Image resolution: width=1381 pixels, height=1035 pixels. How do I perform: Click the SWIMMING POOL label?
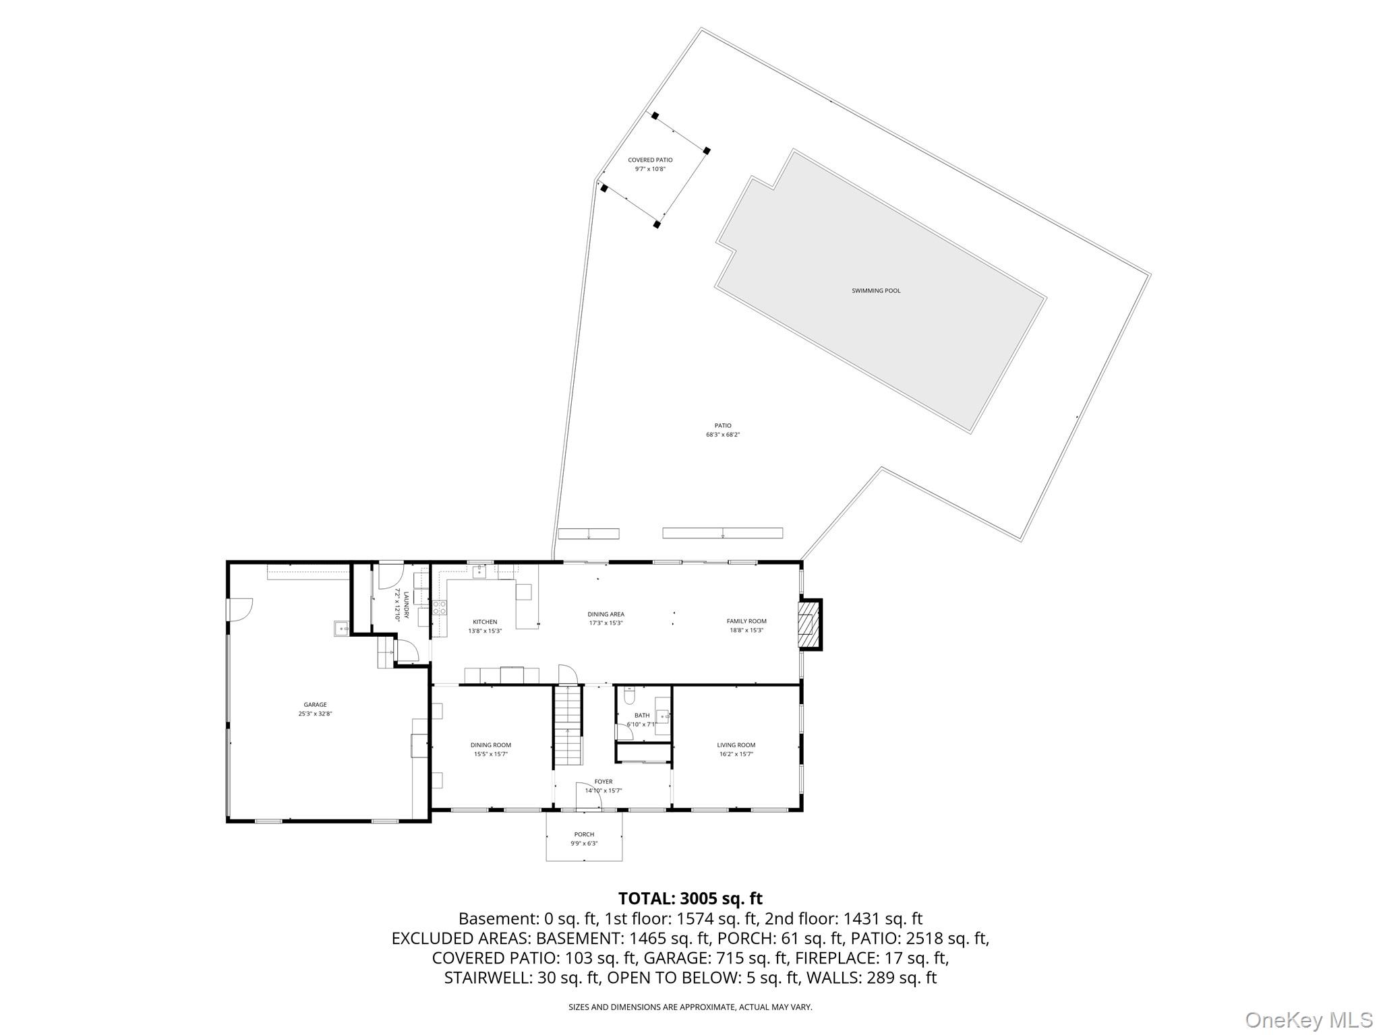875,291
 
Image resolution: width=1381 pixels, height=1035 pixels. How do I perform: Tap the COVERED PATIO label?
650,160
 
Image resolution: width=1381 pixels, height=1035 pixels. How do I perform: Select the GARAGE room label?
315,705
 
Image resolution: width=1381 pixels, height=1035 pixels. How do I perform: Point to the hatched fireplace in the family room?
807,623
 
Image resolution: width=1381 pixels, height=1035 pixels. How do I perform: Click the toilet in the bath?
629,695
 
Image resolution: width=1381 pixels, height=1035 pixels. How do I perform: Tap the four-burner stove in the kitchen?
440,607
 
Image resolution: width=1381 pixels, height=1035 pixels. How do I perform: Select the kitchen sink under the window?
479,572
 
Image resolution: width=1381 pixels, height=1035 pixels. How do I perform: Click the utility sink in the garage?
341,629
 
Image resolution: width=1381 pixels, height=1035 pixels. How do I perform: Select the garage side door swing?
240,609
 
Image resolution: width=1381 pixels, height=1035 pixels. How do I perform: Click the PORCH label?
584,835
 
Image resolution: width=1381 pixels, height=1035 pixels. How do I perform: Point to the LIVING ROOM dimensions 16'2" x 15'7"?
736,755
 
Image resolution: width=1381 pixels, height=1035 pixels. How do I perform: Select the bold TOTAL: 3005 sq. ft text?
690,898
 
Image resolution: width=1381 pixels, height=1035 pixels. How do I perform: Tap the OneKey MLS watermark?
1308,1020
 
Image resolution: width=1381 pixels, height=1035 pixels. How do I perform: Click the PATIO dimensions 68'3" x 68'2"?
722,435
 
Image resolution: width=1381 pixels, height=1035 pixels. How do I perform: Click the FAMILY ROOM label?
746,621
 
